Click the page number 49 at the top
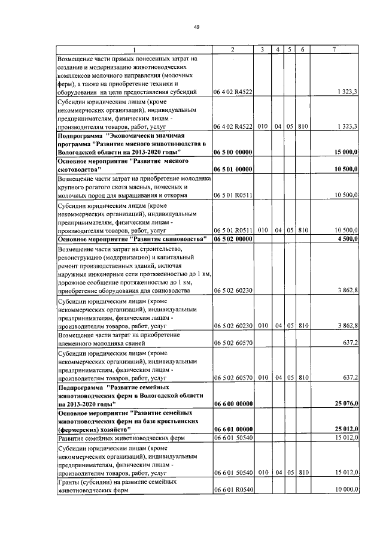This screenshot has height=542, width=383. coord(196,26)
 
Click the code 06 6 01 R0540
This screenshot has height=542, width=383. coord(233,489)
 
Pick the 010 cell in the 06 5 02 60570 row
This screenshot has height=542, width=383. coord(262,377)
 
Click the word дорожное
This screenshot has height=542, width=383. coord(73,282)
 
